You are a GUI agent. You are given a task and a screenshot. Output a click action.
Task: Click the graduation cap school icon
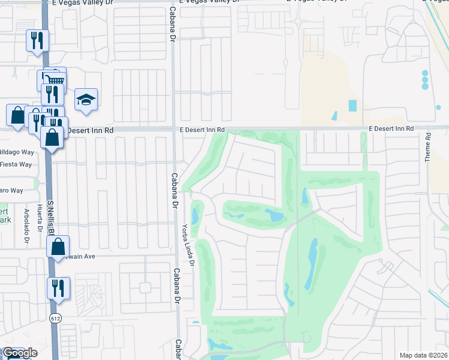click(x=86, y=100)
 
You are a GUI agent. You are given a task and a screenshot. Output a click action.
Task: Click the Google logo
click(x=19, y=353)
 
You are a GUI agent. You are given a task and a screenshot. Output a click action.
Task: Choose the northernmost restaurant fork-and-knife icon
click(x=37, y=40)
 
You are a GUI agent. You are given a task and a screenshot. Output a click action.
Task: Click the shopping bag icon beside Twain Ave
click(x=58, y=246)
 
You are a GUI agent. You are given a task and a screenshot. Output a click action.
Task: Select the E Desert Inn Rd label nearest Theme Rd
click(x=391, y=129)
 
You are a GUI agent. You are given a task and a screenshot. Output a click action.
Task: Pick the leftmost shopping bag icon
click(x=17, y=115)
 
